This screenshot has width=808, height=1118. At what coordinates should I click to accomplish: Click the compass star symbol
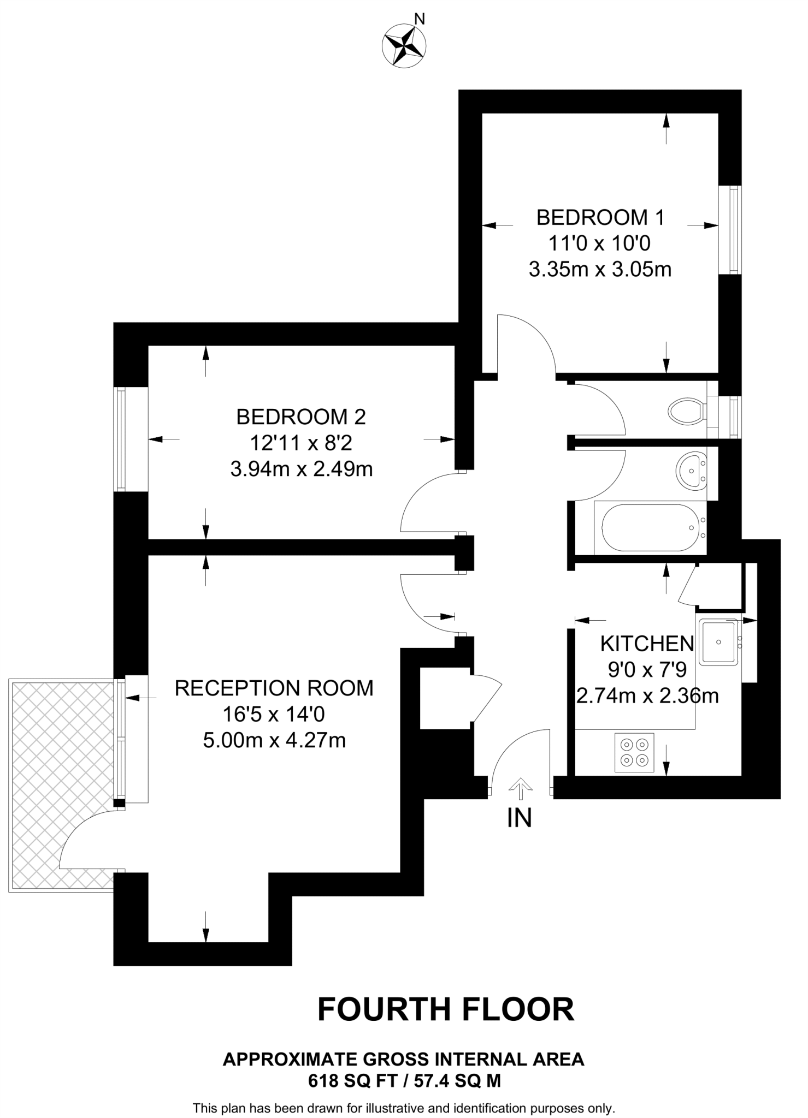pyautogui.click(x=404, y=46)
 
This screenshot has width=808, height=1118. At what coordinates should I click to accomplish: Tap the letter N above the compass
pyautogui.click(x=420, y=20)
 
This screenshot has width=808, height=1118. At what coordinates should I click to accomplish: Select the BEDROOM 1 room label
pyautogui.click(x=600, y=217)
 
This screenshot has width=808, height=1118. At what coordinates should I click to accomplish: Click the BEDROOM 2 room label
pyautogui.click(x=300, y=417)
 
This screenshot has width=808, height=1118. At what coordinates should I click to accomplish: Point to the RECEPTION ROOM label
pyautogui.click(x=274, y=688)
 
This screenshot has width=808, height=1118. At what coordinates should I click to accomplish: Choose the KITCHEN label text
pyautogui.click(x=647, y=644)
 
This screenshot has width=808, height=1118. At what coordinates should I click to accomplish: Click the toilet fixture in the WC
pyautogui.click(x=686, y=410)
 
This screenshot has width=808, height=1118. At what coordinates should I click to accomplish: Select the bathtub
pyautogui.click(x=649, y=527)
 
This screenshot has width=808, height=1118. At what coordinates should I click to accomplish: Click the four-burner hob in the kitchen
pyautogui.click(x=634, y=752)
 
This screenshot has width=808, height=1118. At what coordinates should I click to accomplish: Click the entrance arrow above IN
pyautogui.click(x=520, y=787)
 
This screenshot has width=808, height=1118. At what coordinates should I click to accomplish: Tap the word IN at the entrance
pyautogui.click(x=519, y=818)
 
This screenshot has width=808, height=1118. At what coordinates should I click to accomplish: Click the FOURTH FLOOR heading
pyautogui.click(x=446, y=1009)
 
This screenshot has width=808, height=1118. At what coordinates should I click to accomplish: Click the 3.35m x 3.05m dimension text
pyautogui.click(x=600, y=270)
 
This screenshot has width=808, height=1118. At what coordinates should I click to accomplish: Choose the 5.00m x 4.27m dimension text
pyautogui.click(x=274, y=741)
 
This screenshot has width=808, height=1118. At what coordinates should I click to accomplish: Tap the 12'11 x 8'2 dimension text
pyautogui.click(x=300, y=443)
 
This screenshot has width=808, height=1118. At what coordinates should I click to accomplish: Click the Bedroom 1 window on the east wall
pyautogui.click(x=734, y=229)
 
